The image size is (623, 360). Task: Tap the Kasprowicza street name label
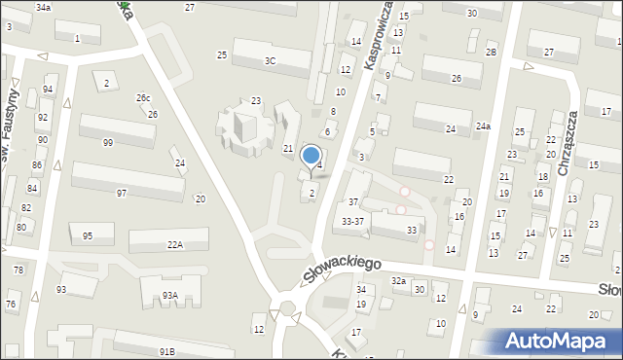tap(379, 34)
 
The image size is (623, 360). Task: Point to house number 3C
tap(270, 60)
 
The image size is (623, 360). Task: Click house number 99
tap(108, 143)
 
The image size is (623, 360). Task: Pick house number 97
tap(122, 193)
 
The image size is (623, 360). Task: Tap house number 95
tap(88, 236)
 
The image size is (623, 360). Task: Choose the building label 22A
tap(174, 244)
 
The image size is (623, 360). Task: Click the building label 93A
tap(170, 295)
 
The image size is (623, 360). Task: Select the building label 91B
tap(167, 351)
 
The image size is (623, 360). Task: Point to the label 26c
tap(143, 98)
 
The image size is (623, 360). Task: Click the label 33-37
tap(353, 221)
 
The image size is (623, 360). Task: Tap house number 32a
tap(398, 280)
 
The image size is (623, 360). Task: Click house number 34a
tap(43, 7)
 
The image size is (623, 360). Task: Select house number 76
tap(11, 305)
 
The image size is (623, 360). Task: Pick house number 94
tap(48, 90)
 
